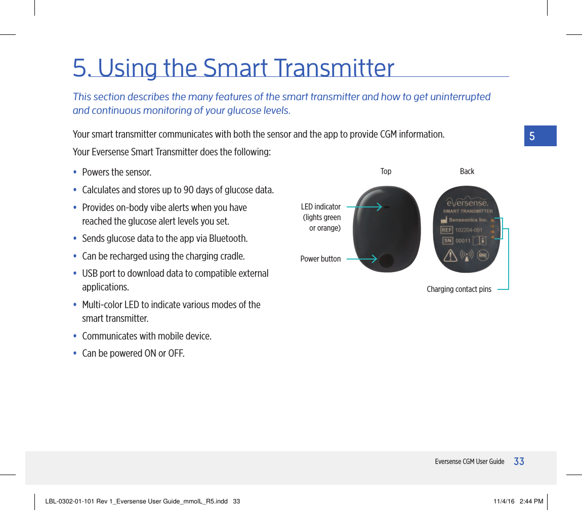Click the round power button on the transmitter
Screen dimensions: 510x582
[x=386, y=260]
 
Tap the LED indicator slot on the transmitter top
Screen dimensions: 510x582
[x=386, y=207]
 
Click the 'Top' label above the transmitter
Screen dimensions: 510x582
[x=386, y=172]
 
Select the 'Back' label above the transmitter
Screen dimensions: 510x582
[x=467, y=172]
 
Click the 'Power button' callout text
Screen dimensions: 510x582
[x=320, y=259]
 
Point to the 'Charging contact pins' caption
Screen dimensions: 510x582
[x=459, y=289]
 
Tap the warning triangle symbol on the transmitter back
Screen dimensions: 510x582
[x=450, y=256]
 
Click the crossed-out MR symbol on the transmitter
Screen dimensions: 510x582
[x=483, y=256]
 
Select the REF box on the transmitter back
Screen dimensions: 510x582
[x=447, y=230]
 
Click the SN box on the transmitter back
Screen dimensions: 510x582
[x=448, y=241]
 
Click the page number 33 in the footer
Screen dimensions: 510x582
[x=519, y=461]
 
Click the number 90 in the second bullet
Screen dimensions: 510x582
[x=188, y=190]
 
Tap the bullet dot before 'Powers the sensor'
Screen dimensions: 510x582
[x=75, y=173]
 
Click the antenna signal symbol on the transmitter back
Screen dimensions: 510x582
[x=467, y=256]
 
